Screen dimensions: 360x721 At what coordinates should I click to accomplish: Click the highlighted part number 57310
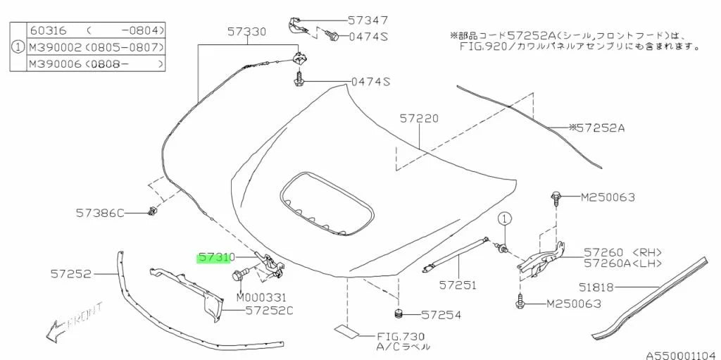[x=216, y=258]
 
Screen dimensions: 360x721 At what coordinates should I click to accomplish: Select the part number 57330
[x=246, y=32]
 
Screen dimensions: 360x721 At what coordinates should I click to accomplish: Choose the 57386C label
[x=101, y=211]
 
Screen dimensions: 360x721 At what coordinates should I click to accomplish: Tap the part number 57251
[x=458, y=285]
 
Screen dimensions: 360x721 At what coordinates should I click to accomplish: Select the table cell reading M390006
[x=54, y=63]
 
